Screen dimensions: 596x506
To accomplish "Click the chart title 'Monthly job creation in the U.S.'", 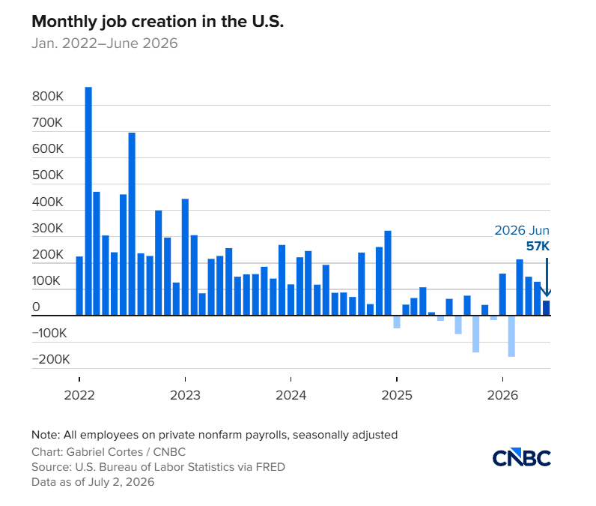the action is (x=158, y=22).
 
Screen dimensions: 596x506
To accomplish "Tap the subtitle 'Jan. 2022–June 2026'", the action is (x=105, y=43).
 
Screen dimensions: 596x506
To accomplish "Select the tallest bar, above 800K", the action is (x=88, y=201).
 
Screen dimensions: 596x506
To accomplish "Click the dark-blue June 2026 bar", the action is (x=546, y=308).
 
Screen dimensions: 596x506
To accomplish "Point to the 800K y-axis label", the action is (x=48, y=96).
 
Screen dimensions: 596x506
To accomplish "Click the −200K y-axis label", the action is (x=51, y=359).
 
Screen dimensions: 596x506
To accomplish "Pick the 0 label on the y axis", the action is (x=36, y=307).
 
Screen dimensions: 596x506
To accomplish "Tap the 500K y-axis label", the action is (x=48, y=175).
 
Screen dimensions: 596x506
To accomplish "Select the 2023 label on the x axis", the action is (x=185, y=395).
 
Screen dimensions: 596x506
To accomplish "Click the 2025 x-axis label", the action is (x=397, y=395).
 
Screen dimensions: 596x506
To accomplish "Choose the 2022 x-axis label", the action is (x=79, y=395).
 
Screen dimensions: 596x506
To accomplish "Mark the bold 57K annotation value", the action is (x=538, y=246).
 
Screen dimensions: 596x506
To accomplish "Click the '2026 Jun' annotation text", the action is (x=522, y=230).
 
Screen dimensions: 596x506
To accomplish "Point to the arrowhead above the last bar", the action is (x=547, y=293).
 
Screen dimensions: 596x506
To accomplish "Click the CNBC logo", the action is (x=521, y=457).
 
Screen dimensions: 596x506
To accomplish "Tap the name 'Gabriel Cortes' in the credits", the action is (x=105, y=452).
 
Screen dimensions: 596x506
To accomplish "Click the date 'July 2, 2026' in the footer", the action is (x=121, y=482).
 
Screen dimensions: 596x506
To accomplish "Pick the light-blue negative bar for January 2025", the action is (x=397, y=322).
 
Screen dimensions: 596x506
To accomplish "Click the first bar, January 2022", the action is (x=79, y=286).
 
